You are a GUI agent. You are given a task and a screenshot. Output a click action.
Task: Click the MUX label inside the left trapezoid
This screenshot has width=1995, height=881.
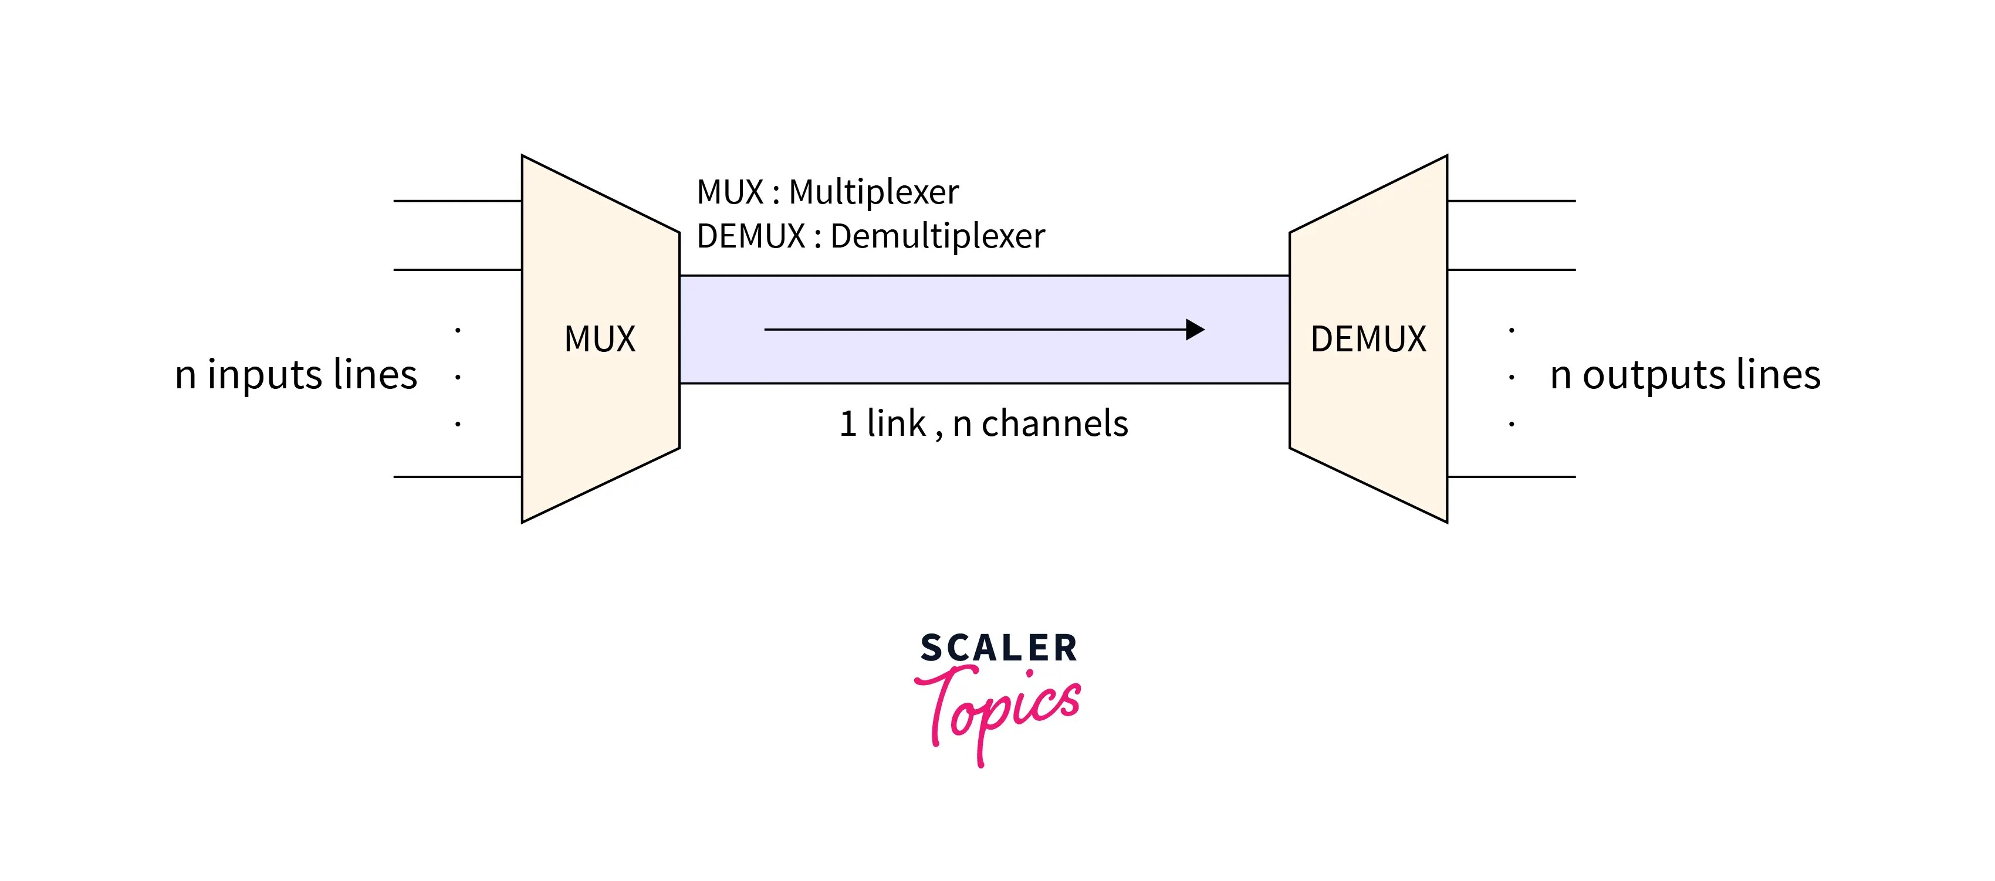click(x=600, y=339)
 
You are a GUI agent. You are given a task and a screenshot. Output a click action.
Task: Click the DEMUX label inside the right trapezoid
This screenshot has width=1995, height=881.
click(x=1368, y=339)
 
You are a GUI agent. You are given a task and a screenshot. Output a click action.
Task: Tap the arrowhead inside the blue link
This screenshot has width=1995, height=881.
click(x=1195, y=330)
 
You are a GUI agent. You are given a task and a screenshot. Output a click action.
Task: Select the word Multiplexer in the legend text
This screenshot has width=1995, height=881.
click(x=874, y=192)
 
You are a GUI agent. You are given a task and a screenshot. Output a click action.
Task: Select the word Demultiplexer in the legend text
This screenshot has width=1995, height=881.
click(x=937, y=236)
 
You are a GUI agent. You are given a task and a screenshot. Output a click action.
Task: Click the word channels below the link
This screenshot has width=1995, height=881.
click(x=1055, y=423)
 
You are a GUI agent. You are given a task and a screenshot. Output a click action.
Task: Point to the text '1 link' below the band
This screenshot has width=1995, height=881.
click(x=883, y=423)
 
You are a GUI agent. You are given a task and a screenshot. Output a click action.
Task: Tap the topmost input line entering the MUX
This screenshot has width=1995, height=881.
click(x=457, y=201)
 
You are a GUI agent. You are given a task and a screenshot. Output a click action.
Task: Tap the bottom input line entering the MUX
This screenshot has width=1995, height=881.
click(x=457, y=477)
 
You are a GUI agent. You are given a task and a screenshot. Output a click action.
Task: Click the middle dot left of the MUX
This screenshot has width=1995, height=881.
click(x=458, y=378)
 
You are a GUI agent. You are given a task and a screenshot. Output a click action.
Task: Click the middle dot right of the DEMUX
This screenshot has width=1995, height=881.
click(x=1511, y=378)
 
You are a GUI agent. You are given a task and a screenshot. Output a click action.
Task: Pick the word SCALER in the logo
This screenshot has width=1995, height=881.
click(x=998, y=648)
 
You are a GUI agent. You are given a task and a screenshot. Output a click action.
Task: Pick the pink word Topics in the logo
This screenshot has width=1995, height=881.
click(x=999, y=709)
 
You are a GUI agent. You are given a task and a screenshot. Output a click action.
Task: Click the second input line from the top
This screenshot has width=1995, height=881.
click(x=457, y=269)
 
